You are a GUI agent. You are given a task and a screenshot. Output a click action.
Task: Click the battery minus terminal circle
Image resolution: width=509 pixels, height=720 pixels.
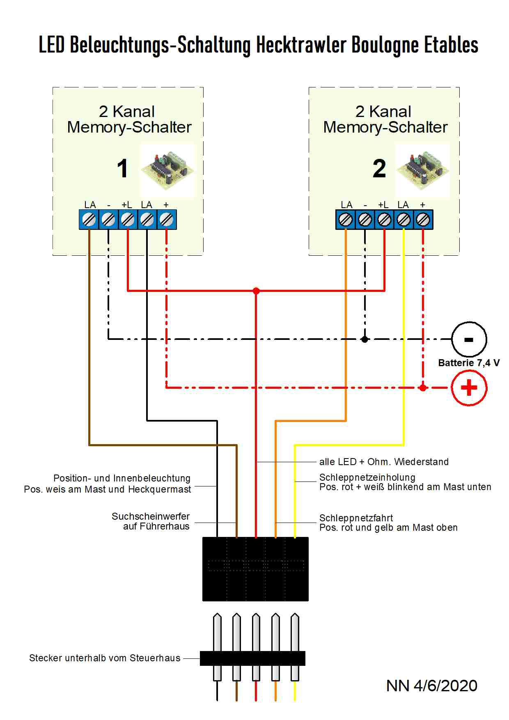[x=469, y=339]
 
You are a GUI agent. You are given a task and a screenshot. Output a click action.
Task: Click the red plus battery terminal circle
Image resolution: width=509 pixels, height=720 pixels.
[x=469, y=388]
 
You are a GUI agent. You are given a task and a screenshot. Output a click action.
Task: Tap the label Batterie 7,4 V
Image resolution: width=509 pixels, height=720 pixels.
[x=468, y=363]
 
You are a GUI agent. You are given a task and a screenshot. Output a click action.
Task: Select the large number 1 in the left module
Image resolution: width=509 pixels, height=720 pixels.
[x=122, y=169]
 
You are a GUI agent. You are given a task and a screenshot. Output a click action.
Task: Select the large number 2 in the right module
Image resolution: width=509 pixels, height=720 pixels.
[x=379, y=169]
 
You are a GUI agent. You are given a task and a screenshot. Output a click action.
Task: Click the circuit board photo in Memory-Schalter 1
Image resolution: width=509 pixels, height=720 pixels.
[x=167, y=170]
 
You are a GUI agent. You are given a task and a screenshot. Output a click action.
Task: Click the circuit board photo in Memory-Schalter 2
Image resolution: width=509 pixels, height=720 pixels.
[x=423, y=170]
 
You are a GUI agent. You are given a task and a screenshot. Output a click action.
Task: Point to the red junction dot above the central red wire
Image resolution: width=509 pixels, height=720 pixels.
[x=256, y=291]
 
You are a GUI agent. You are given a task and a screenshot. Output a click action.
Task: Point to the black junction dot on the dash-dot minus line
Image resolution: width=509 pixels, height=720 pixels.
[x=365, y=339]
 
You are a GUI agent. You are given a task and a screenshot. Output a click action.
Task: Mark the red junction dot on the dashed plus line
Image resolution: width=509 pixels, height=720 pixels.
[x=423, y=388]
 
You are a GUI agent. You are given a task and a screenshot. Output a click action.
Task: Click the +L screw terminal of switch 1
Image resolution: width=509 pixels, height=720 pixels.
[x=128, y=220]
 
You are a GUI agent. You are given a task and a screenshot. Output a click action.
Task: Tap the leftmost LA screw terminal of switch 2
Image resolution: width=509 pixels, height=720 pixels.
[x=346, y=220]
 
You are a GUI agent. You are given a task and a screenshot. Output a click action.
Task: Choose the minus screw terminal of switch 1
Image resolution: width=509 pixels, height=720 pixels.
[x=108, y=220]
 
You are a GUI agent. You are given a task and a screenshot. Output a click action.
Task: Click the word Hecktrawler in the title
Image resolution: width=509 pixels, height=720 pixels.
[x=301, y=45]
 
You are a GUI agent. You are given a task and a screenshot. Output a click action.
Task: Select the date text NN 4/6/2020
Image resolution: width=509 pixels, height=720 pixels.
[x=431, y=686]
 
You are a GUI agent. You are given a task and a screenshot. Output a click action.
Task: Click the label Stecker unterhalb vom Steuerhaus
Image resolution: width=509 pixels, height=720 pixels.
[x=105, y=658]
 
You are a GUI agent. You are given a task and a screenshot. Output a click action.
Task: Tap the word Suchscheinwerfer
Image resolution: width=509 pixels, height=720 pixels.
[x=151, y=516]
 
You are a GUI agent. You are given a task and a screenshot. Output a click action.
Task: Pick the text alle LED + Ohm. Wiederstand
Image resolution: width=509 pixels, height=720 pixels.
[x=384, y=462]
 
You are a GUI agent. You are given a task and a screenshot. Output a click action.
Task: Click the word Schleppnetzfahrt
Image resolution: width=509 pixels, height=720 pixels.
[x=356, y=518]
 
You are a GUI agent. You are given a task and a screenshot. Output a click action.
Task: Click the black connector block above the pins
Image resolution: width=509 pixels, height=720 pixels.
[x=255, y=569]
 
